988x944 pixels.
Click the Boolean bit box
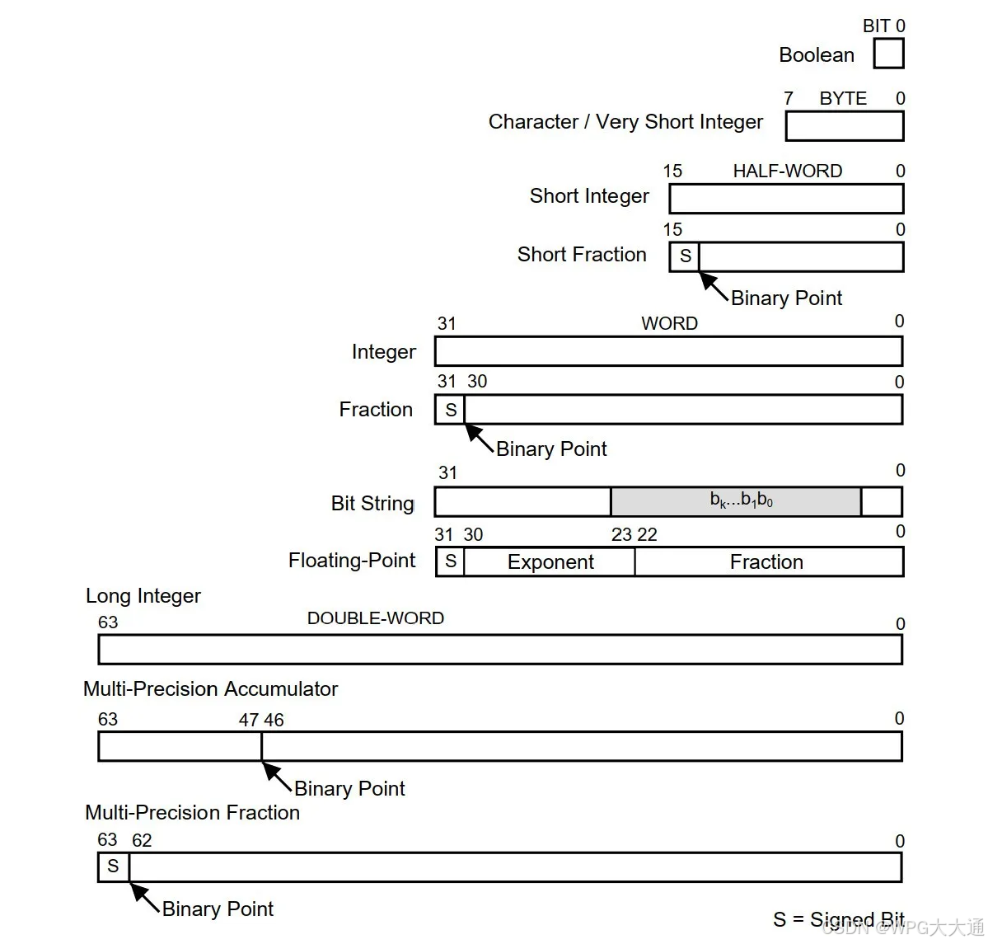pyautogui.click(x=888, y=54)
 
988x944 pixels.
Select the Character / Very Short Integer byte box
pyautogui.click(x=845, y=126)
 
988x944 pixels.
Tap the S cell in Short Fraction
pyautogui.click(x=685, y=256)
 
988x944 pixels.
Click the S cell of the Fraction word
pyautogui.click(x=450, y=410)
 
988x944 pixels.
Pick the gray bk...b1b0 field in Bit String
pyautogui.click(x=736, y=501)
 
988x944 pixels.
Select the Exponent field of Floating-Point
pyautogui.click(x=550, y=562)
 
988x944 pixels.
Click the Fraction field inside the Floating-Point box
pyautogui.click(x=767, y=562)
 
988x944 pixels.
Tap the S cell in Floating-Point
pyautogui.click(x=450, y=561)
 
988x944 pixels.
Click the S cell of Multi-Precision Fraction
pyautogui.click(x=114, y=867)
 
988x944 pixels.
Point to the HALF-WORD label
pyautogui.click(x=787, y=171)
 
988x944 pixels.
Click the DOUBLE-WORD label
pyautogui.click(x=375, y=618)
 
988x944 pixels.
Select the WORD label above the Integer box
pyautogui.click(x=669, y=323)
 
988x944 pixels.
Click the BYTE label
pyautogui.click(x=843, y=99)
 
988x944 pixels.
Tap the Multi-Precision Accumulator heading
pyautogui.click(x=211, y=689)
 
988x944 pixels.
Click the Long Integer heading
pyautogui.click(x=143, y=596)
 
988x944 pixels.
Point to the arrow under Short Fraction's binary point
pyautogui.click(x=714, y=285)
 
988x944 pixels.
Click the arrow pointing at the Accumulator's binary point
pyautogui.click(x=276, y=776)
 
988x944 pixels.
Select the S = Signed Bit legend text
pyautogui.click(x=838, y=919)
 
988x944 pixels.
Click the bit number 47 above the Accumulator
pyautogui.click(x=249, y=720)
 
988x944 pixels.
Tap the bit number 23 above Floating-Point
pyautogui.click(x=621, y=535)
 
